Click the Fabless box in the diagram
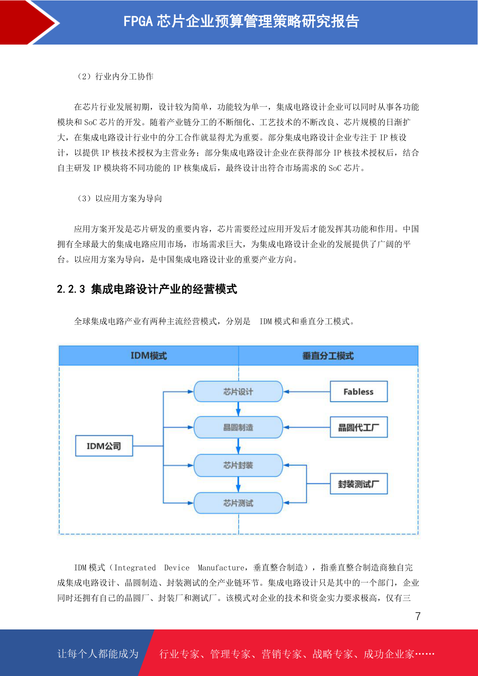[358, 391]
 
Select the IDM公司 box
[104, 446]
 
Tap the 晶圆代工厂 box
[358, 427]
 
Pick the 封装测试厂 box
[358, 484]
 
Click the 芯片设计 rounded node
[238, 391]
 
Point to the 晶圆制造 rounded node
[238, 427]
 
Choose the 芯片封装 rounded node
[238, 465]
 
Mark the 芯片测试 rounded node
[238, 503]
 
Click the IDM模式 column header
[149, 356]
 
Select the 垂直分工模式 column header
[328, 356]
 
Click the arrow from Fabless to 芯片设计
[307, 392]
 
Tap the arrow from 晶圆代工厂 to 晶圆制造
[307, 428]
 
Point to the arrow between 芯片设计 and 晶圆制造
[238, 409]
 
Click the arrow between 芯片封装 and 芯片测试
[238, 485]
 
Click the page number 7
[418, 616]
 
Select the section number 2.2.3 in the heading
[71, 289]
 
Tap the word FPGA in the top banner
[138, 21]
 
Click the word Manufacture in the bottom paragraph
[221, 568]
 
